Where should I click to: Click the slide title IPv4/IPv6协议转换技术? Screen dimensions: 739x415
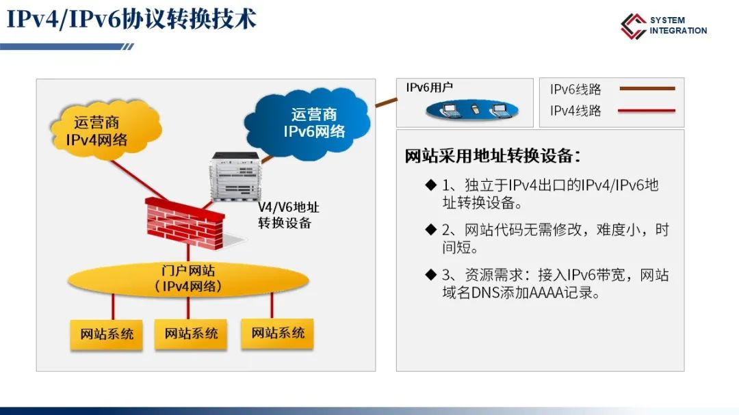pyautogui.click(x=132, y=20)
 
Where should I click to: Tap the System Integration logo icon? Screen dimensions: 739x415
pyautogui.click(x=633, y=26)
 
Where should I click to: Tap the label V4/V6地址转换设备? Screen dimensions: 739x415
pyautogui.click(x=288, y=215)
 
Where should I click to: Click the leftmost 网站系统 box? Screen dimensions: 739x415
pyautogui.click(x=107, y=334)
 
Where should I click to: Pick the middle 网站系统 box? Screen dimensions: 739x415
pyautogui.click(x=191, y=334)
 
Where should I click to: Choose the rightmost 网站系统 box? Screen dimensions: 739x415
pyautogui.click(x=277, y=334)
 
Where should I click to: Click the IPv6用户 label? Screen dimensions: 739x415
pyautogui.click(x=429, y=88)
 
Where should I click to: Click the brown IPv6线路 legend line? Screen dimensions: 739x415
pyautogui.click(x=647, y=89)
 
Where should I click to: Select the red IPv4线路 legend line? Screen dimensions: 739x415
pyautogui.click(x=647, y=110)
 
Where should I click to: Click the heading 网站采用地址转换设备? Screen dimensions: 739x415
pyautogui.click(x=493, y=156)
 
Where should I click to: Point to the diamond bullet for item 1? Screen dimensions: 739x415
pyautogui.click(x=430, y=185)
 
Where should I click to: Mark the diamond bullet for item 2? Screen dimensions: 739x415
pyautogui.click(x=430, y=229)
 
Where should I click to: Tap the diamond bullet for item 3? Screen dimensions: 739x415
pyautogui.click(x=430, y=275)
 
